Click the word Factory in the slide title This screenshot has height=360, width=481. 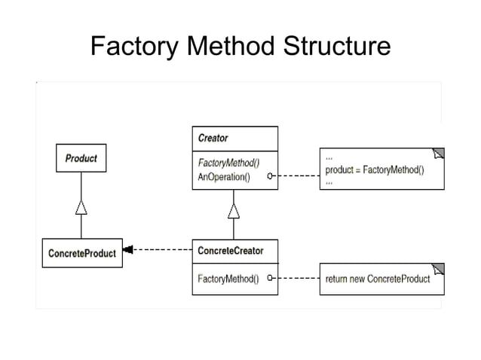(133, 46)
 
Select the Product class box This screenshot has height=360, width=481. (81, 159)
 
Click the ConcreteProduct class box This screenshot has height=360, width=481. (82, 253)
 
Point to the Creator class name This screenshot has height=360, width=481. (213, 139)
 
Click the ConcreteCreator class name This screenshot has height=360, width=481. (230, 250)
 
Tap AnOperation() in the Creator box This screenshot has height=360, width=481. (225, 178)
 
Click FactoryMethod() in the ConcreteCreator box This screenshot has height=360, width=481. (228, 279)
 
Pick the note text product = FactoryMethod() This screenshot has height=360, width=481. (374, 169)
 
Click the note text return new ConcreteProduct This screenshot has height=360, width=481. (377, 279)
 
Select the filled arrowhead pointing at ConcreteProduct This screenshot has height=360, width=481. (128, 249)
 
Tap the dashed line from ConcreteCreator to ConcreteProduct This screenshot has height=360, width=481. (162, 249)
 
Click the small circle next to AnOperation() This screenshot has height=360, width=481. (270, 178)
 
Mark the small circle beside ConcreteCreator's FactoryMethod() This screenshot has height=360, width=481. (270, 279)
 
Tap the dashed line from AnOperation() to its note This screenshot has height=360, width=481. (296, 178)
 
